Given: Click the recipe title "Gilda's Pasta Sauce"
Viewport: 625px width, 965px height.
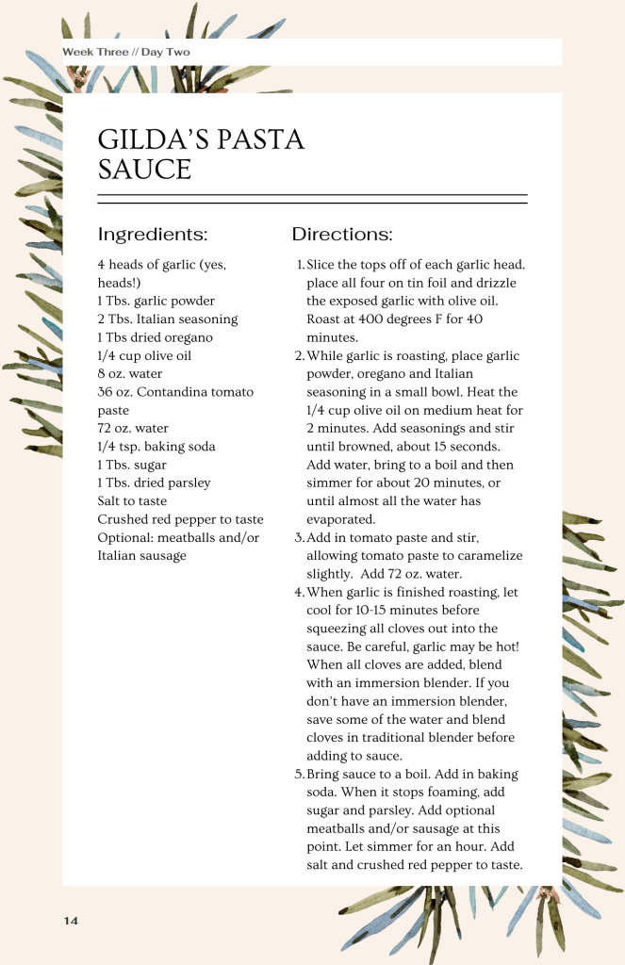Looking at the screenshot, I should pos(201,155).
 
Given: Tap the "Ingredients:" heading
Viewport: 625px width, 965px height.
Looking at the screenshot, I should pos(153,235).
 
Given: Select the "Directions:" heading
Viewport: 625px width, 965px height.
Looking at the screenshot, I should pos(342,235).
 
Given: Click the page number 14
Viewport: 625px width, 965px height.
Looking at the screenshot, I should pos(71,920).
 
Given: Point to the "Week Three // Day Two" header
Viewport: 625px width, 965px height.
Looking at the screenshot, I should pos(126,52).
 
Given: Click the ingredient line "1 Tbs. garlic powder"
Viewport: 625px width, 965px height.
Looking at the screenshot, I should pos(156,302).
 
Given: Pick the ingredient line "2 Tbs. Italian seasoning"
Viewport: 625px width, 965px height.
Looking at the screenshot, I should pos(168,319).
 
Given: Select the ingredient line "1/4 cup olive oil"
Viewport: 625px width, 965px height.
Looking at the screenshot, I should pos(144,356).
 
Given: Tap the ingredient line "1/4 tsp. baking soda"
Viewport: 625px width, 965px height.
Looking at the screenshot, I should pos(156,447).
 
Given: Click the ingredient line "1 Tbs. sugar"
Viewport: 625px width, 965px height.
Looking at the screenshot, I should pos(132,465).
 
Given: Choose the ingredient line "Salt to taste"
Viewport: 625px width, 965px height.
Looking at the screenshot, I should pos(132,501).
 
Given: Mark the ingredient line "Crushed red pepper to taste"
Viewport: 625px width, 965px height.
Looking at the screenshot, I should pos(180,519).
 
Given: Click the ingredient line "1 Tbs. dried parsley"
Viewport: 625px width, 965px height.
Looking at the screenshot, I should pos(154,482).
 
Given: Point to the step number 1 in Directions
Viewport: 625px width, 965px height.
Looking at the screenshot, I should pos(299,266).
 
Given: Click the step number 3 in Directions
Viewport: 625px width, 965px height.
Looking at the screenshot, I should pos(299,538).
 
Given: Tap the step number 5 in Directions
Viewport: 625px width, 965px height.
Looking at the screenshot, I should pos(299,775).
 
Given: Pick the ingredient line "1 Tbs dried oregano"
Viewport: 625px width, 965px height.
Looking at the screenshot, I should pos(155,337).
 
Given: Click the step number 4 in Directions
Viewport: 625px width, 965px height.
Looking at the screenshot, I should pos(299,593).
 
